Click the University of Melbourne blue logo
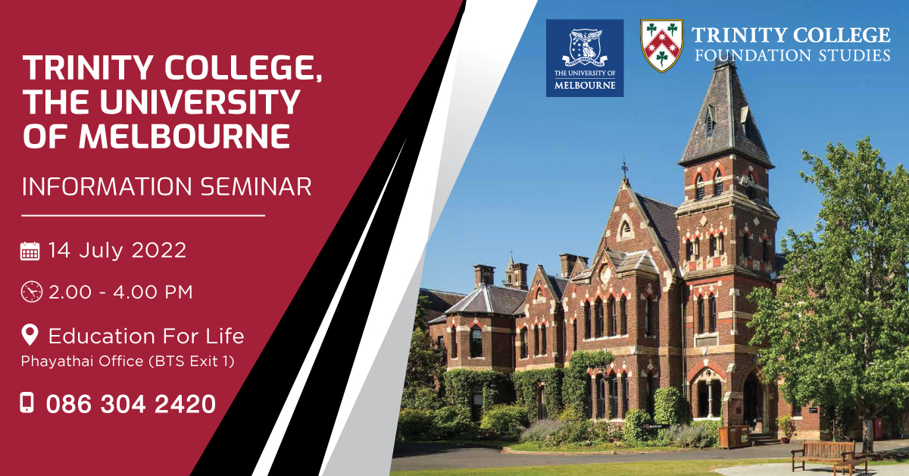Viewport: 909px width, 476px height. coord(584,58)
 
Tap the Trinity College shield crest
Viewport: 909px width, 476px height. coord(662,45)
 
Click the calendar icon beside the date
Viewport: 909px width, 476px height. coord(30,251)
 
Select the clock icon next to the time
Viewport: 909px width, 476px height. coord(31,292)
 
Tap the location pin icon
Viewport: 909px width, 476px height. coord(30,335)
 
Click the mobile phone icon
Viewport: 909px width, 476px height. coord(27,403)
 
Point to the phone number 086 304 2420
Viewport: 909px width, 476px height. coord(130,404)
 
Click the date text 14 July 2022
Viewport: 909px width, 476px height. coord(117,250)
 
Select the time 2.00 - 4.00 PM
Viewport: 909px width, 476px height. coord(120,293)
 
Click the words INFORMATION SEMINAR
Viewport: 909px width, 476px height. coord(167,186)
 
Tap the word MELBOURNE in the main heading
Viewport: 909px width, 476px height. coord(185,136)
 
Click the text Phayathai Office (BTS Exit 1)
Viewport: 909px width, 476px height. coord(127,361)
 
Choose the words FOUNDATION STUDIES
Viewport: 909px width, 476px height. coord(792,55)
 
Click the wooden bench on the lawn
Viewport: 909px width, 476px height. coord(829,456)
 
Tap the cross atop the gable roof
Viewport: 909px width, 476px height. coord(624,168)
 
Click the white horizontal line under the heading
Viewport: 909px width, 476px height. coord(143,216)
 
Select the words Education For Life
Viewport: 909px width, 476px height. coord(146,336)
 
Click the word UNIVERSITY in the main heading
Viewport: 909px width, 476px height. coord(201,102)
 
